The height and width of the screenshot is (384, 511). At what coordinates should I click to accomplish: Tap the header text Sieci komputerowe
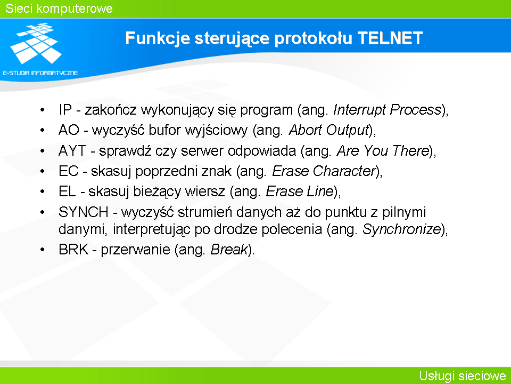59,9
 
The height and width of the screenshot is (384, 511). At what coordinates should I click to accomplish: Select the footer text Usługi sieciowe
462,376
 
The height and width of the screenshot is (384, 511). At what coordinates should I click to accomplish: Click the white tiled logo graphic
36,43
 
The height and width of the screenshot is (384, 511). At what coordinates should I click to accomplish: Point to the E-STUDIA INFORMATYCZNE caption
40,73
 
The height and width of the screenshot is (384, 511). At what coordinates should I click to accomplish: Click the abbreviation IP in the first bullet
65,110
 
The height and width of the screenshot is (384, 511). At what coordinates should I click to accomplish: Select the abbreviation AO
69,130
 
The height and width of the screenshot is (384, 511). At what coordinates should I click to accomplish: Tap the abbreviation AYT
72,150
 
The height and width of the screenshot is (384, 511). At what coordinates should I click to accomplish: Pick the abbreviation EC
69,171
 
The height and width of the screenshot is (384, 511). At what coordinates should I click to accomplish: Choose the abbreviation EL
67,191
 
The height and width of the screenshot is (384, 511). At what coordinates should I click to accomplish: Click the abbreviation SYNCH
84,212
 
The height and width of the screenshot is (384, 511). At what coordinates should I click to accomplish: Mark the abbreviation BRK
73,250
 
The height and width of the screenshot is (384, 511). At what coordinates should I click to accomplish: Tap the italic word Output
348,130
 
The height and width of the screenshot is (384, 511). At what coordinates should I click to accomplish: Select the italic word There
410,150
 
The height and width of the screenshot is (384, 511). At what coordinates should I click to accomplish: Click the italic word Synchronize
402,229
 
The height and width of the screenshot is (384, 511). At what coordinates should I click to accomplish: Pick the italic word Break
229,250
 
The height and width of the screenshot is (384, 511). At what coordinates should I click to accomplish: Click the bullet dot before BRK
43,250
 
